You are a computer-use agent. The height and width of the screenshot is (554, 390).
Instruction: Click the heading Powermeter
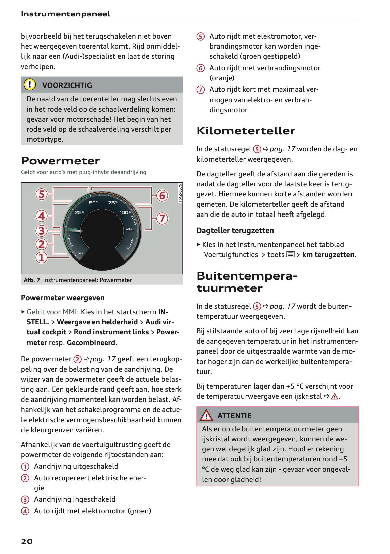(60, 161)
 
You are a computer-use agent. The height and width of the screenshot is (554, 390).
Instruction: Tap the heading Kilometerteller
(246, 131)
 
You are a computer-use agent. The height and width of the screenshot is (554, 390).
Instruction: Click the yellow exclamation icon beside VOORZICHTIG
(30, 85)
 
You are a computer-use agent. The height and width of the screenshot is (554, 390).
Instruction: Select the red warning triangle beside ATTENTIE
(206, 416)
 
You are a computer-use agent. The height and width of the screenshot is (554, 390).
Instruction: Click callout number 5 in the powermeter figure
(42, 194)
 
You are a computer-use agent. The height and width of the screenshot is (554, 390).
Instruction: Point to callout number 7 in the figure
(162, 219)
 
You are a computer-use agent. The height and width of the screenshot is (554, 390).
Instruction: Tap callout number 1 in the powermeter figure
(42, 257)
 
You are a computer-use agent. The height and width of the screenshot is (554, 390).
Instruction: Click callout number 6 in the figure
(162, 195)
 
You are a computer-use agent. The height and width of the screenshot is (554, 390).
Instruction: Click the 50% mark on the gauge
(93, 203)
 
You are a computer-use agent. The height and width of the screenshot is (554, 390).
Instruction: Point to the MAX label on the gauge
(129, 229)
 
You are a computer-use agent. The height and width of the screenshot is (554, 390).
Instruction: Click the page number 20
(27, 541)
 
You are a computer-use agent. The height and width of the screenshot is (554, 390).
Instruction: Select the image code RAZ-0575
(180, 193)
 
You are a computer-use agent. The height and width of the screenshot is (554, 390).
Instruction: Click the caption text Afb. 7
(32, 280)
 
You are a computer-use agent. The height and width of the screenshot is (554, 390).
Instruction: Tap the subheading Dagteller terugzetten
(235, 230)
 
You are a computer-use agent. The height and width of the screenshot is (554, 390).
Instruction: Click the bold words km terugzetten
(328, 255)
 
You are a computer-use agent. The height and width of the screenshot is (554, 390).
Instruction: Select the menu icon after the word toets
(290, 254)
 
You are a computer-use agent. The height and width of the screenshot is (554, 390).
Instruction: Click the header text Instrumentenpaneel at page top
(66, 14)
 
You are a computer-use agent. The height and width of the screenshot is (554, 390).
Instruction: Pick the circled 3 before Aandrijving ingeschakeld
(25, 500)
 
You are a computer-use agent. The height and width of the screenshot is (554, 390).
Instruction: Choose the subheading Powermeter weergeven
(63, 298)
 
